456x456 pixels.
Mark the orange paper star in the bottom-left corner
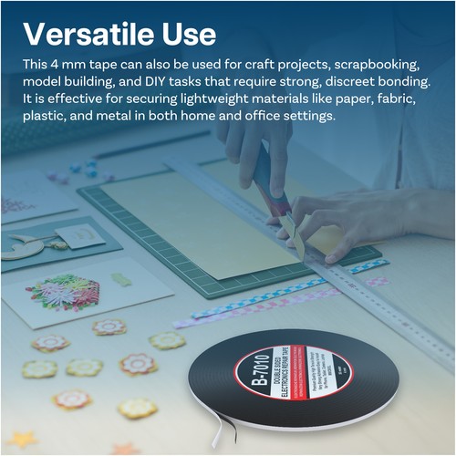point(21,440)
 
